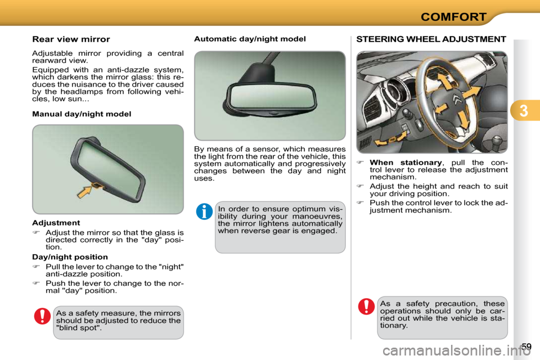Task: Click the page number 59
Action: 525,346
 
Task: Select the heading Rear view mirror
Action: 71,39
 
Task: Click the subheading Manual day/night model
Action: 82,114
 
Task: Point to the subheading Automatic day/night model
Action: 250,39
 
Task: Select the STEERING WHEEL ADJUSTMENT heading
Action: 431,39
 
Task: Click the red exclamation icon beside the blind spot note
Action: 42,316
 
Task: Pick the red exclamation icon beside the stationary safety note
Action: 366,307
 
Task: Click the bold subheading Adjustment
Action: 56,223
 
